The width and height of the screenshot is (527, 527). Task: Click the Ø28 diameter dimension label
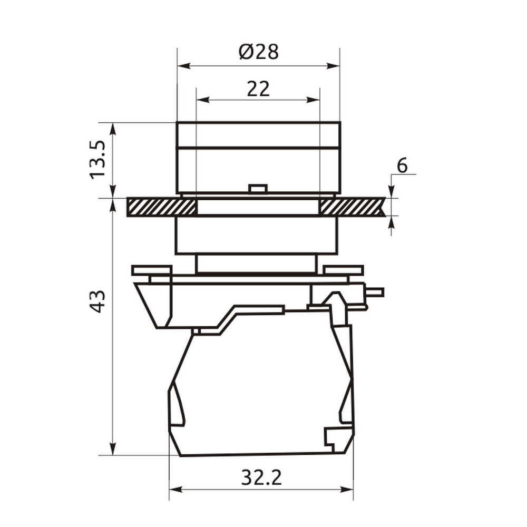(258, 52)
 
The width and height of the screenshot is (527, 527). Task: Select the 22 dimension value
(258, 89)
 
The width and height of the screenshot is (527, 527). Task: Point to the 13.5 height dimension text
(97, 160)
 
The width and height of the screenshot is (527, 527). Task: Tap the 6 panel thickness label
(402, 165)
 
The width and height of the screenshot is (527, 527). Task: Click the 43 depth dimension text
(98, 301)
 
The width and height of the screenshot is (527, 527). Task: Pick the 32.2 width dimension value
(261, 477)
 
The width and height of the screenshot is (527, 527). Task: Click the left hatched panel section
(161, 207)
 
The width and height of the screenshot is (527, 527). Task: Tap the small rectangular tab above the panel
(258, 189)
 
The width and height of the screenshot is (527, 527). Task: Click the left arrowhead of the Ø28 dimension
(184, 66)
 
